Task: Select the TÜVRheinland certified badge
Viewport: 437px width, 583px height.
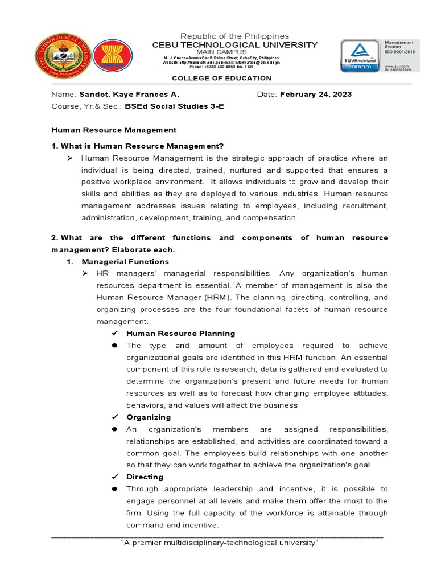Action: coord(360,56)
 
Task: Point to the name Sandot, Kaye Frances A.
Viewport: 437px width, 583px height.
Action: coord(129,95)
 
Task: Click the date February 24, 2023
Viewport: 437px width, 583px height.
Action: coord(316,95)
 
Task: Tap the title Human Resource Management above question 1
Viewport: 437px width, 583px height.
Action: coord(114,130)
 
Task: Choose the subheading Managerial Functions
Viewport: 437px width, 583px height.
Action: coord(125,262)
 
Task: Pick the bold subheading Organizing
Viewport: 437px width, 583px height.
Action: coord(149,417)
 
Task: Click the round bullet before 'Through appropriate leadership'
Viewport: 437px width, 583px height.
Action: coord(114,489)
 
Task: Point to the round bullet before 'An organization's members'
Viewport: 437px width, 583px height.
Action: coord(114,429)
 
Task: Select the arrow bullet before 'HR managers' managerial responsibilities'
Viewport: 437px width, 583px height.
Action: coord(85,274)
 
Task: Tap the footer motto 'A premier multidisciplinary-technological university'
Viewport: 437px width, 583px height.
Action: coord(220,543)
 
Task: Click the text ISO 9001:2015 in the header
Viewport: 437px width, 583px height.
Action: coord(402,52)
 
